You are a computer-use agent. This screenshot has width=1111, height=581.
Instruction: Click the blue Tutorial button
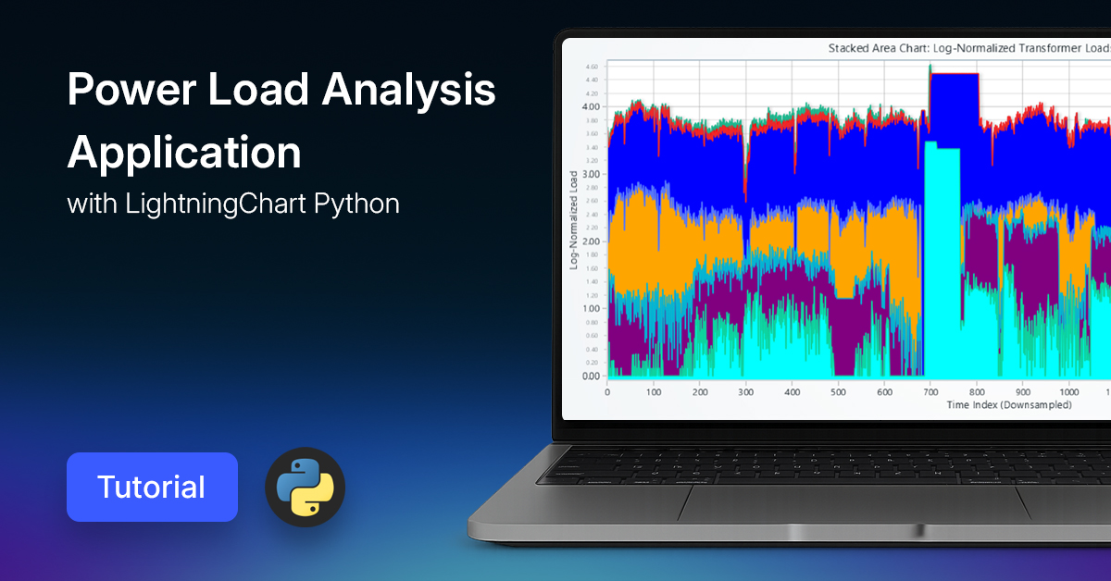point(152,487)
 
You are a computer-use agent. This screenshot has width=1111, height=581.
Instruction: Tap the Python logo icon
point(305,487)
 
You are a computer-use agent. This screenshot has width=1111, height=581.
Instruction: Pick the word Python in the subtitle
point(357,204)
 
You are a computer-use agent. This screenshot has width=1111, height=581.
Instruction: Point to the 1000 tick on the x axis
point(1068,391)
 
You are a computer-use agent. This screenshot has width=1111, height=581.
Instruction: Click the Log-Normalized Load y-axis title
point(574,220)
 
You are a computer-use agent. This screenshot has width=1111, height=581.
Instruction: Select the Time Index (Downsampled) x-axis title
point(1008,405)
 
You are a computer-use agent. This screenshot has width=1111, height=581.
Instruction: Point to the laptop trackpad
point(852,503)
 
